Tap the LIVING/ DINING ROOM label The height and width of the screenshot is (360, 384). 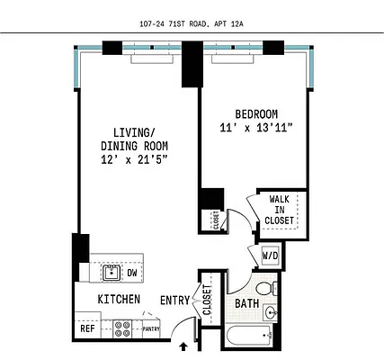[134, 138]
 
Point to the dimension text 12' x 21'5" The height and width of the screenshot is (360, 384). [134, 159]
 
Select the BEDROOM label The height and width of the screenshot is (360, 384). [256, 113]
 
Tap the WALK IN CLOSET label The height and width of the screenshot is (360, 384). [281, 209]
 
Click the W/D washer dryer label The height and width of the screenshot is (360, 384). [271, 256]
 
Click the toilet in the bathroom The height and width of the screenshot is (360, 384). [263, 289]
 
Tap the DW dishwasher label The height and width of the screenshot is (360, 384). [132, 272]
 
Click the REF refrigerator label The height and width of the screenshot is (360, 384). [88, 328]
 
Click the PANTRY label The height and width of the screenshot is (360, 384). [150, 329]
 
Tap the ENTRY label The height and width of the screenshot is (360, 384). [174, 300]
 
